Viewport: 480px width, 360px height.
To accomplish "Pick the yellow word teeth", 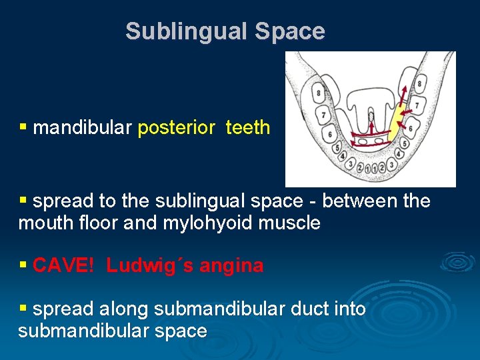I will (248, 127).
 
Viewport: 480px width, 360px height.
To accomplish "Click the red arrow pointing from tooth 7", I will (408, 110).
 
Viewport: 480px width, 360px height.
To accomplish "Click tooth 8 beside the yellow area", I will (419, 84).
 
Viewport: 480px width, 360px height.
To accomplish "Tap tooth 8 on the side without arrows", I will (319, 93).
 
